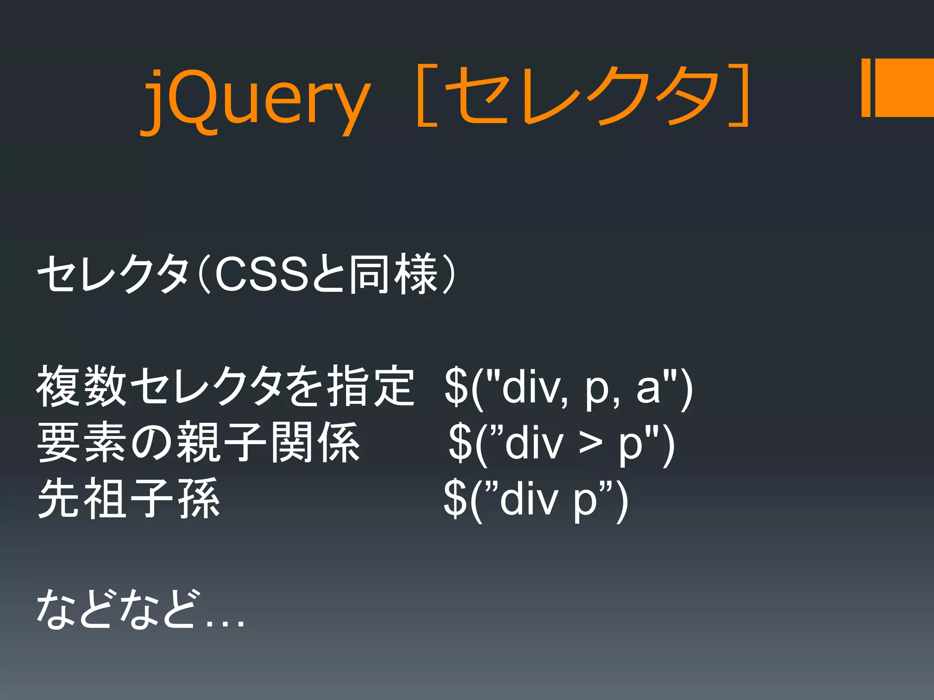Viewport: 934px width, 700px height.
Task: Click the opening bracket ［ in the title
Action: click(426, 96)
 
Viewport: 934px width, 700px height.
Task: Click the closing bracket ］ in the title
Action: click(739, 96)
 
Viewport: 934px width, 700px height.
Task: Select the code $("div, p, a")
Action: click(568, 387)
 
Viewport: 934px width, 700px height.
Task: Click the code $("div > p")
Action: click(561, 444)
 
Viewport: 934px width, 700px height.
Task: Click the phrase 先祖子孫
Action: click(129, 499)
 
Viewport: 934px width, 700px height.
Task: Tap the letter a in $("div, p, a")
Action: click(648, 390)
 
